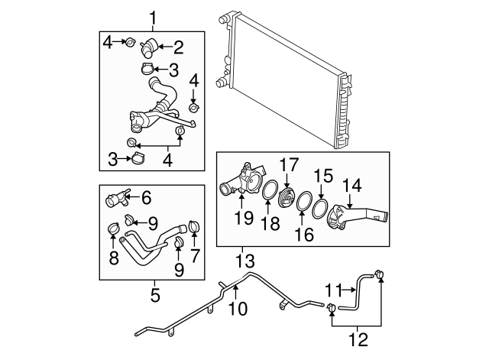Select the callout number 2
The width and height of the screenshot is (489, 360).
[x=178, y=48]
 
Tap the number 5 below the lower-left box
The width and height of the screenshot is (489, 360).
[x=154, y=292]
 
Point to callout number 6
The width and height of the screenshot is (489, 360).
[x=146, y=198]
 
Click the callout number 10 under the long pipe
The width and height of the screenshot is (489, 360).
[x=238, y=309]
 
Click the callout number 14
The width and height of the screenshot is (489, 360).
[x=352, y=185]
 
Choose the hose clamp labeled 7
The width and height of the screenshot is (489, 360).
[x=193, y=227]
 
